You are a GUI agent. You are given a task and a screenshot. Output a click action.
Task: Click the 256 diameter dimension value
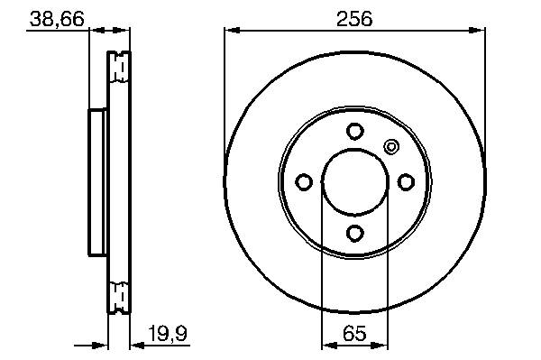(354, 19)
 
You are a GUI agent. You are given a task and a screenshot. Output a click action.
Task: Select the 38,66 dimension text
(57, 19)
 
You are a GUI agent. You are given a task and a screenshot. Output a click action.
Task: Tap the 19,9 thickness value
(168, 334)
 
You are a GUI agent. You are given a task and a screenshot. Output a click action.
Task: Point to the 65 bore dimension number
(354, 334)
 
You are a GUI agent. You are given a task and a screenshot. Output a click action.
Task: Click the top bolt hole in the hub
(355, 131)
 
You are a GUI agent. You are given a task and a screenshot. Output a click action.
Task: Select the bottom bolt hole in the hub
(355, 233)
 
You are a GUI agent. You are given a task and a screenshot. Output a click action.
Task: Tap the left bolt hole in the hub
(304, 182)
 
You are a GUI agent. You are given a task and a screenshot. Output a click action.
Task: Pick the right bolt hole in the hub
(406, 182)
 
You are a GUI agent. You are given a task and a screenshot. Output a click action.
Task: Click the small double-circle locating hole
(391, 147)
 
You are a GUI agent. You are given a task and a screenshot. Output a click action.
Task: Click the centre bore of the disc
(355, 182)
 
